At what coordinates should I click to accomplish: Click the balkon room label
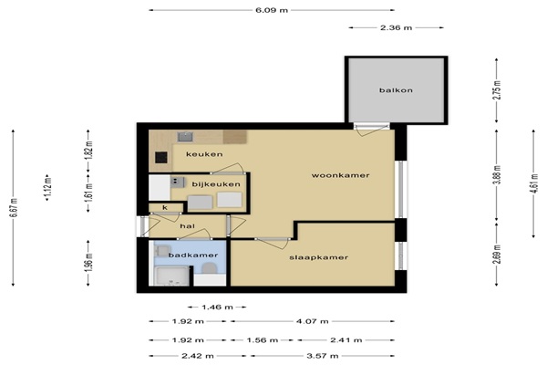tap(396, 90)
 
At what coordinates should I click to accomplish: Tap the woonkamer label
tap(340, 175)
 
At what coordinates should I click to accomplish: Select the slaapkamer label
tap(318, 257)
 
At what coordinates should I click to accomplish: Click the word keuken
tap(204, 154)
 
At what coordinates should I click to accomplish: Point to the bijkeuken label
tap(216, 184)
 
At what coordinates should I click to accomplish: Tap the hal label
tap(187, 226)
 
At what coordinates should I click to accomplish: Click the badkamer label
tap(193, 255)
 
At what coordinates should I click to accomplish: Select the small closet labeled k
tap(166, 208)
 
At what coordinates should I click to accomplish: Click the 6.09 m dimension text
tap(272, 10)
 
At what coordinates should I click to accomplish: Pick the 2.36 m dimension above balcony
tap(396, 27)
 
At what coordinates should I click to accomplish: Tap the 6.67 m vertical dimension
tap(14, 208)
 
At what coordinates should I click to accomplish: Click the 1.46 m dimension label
tap(217, 307)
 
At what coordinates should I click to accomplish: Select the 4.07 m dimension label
tap(312, 321)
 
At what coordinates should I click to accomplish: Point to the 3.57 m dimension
tap(323, 356)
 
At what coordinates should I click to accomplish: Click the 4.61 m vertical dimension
tap(533, 183)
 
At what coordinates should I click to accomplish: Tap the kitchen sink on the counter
tap(185, 137)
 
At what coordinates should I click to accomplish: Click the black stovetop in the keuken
tap(161, 158)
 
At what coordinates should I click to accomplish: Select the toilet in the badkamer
tap(210, 268)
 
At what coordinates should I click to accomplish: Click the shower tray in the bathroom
tap(171, 276)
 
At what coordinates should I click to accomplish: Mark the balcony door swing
tap(370, 130)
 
